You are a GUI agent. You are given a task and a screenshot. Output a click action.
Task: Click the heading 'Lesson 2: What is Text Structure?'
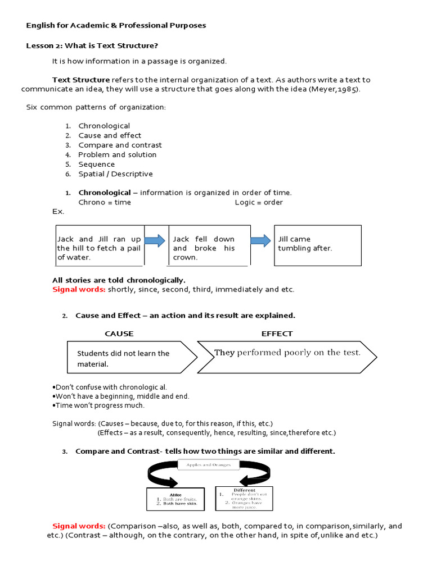point(96,45)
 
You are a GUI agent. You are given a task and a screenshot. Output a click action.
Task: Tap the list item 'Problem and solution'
point(117,154)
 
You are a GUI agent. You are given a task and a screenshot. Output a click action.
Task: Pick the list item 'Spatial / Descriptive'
point(115,174)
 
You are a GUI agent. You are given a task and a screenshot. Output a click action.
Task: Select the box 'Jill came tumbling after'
point(317,245)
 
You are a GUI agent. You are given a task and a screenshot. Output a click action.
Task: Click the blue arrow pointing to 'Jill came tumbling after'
point(260,241)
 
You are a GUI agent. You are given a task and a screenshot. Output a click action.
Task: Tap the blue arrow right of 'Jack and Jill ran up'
point(155,241)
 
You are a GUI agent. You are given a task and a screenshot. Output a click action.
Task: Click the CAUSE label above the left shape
point(119,334)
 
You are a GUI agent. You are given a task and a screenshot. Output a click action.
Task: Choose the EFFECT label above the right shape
point(277,334)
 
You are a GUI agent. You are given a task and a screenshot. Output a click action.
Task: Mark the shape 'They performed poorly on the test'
point(287,356)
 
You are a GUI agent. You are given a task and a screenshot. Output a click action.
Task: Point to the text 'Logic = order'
point(259,202)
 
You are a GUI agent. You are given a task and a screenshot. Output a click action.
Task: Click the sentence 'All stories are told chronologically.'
point(119,280)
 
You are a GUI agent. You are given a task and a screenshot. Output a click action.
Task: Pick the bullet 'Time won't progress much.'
point(98,405)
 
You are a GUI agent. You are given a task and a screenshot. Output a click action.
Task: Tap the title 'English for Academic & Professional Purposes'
point(116,25)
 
